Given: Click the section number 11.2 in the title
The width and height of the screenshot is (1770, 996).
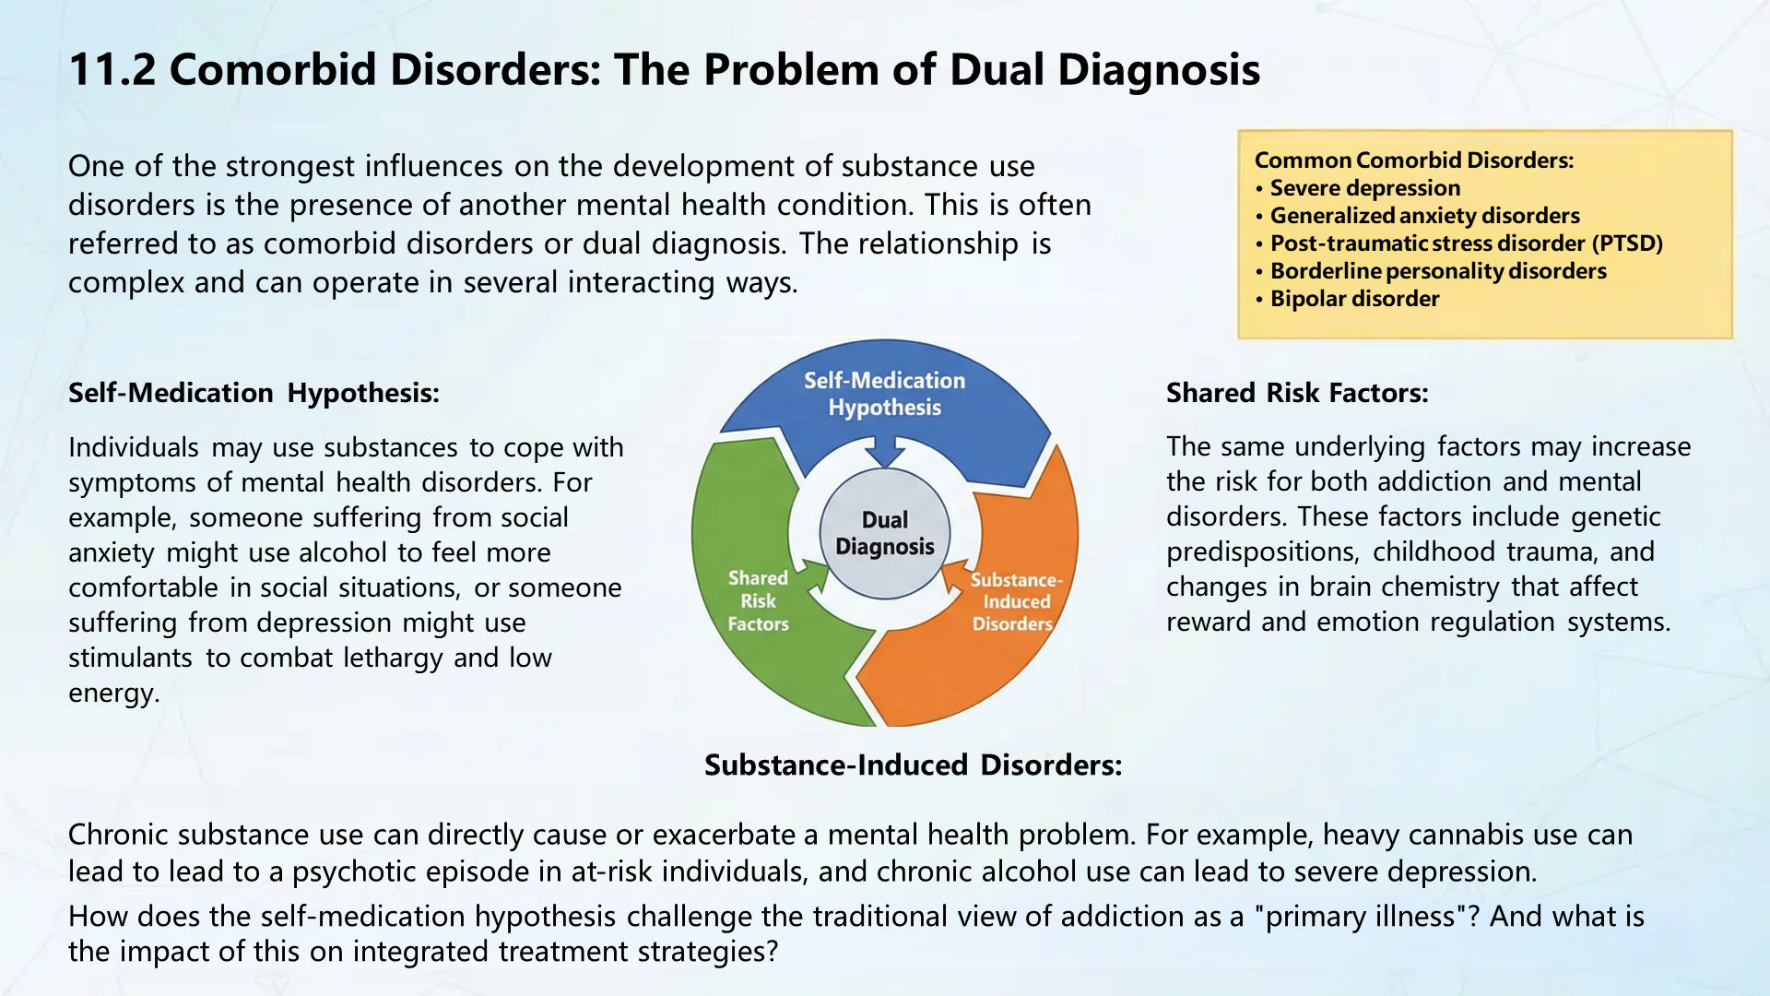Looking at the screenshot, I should [x=112, y=70].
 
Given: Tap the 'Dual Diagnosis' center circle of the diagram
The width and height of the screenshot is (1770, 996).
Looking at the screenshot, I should [x=885, y=533].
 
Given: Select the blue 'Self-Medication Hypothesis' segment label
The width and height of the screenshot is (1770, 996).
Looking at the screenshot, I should [x=884, y=394].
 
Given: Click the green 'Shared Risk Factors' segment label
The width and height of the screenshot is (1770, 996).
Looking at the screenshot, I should [x=758, y=600].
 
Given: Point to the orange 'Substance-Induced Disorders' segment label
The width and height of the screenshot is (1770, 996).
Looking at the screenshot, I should [x=1015, y=601].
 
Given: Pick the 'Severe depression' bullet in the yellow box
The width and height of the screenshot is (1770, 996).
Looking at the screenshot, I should [x=1364, y=188].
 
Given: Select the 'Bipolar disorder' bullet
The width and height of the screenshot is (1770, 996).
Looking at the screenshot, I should [x=1353, y=299].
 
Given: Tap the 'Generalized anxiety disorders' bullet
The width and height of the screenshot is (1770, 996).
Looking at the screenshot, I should [x=1424, y=216].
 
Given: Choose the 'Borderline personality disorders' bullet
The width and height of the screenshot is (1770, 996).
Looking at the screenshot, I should [x=1437, y=271].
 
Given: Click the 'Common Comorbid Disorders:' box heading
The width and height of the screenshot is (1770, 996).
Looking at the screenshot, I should [x=1413, y=160].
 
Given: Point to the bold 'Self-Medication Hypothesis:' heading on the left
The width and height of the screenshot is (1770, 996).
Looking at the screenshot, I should [x=254, y=393].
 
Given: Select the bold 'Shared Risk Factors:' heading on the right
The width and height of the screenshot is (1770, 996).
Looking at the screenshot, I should [x=1296, y=393].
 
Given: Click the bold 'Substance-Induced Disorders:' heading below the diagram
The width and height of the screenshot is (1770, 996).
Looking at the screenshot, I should [x=913, y=765].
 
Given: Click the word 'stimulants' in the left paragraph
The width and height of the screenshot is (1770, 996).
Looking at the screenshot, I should [x=130, y=658].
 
